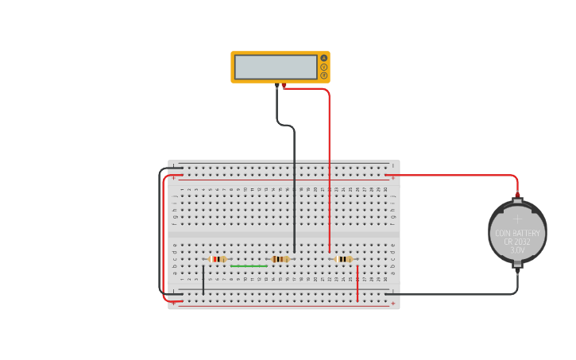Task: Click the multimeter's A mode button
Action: tap(324, 58)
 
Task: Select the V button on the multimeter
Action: tap(324, 67)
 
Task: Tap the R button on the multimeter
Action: tap(324, 75)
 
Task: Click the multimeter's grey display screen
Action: tap(276, 67)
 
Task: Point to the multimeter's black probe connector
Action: tap(277, 85)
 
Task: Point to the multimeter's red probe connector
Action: tap(284, 85)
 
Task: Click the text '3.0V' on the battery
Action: tap(517, 250)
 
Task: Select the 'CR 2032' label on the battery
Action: tap(517, 242)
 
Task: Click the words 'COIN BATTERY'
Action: tap(517, 233)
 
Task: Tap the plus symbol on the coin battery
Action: tap(517, 218)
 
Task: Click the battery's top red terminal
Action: tap(517, 194)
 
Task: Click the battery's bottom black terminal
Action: tap(517, 270)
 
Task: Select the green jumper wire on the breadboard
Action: tap(249, 266)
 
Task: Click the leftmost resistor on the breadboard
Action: tap(217, 259)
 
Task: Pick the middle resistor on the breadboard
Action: tap(280, 259)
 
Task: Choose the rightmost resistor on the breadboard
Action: tap(342, 259)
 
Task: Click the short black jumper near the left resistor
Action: tap(203, 281)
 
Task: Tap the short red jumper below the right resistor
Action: tap(358, 284)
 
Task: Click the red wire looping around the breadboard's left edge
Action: tap(164, 238)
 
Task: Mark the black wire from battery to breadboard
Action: tap(453, 295)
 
